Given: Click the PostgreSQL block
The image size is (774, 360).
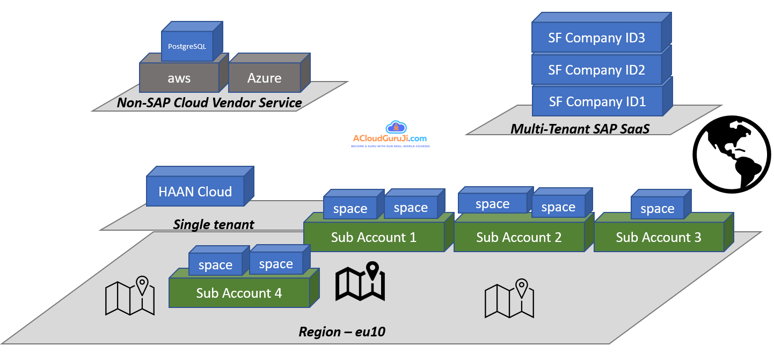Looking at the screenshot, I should click(x=187, y=46).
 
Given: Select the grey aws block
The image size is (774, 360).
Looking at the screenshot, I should click(x=179, y=78).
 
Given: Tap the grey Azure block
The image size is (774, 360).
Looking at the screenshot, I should click(x=264, y=78).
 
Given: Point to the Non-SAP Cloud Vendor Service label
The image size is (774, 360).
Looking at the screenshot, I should click(x=209, y=103).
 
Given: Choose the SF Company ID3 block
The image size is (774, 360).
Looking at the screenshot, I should click(x=596, y=38).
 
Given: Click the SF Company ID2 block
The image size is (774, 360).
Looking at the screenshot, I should click(x=596, y=70).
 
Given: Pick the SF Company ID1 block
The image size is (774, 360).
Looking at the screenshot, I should click(x=596, y=101).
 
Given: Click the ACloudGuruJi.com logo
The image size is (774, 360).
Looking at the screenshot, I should click(x=390, y=135).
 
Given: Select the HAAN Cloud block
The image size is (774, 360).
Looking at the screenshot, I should click(x=195, y=192).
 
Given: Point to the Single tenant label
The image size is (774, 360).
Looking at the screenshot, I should click(x=214, y=224).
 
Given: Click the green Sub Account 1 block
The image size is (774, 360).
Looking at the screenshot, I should click(x=374, y=237).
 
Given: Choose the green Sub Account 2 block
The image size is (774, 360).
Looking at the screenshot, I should click(x=519, y=237).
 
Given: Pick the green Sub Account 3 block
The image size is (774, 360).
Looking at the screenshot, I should click(x=658, y=237).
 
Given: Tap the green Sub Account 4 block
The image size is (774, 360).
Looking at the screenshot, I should click(x=239, y=293).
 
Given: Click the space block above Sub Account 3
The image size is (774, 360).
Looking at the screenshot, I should click(x=657, y=209).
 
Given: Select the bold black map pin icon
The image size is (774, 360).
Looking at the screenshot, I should click(x=360, y=281).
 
